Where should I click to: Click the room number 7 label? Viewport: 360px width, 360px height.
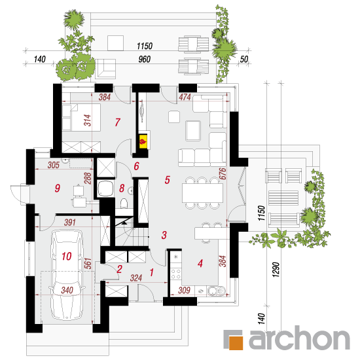pyautogui.click(x=118, y=122)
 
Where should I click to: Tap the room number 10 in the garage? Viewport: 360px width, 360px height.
pyautogui.click(x=67, y=256)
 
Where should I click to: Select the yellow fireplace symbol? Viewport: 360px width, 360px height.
pyautogui.click(x=143, y=142)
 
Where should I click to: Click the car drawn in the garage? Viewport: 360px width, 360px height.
pyautogui.click(x=67, y=275)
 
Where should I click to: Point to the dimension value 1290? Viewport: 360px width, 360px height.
pyautogui.click(x=276, y=270)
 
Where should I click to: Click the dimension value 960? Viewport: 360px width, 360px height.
pyautogui.click(x=145, y=59)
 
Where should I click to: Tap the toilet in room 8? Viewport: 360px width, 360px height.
pyautogui.click(x=124, y=204)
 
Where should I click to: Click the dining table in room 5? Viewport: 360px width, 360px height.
pyautogui.click(x=202, y=193)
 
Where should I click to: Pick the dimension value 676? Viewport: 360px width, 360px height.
pyautogui.click(x=223, y=173)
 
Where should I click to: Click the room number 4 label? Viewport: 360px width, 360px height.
pyautogui.click(x=200, y=263)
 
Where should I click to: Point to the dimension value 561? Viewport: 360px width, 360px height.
pyautogui.click(x=88, y=263)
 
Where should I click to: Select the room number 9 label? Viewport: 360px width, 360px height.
pyautogui.click(x=57, y=189)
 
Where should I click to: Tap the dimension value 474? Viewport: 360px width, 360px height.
pyautogui.click(x=185, y=97)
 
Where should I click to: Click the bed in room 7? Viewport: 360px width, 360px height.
pyautogui.click(x=81, y=117)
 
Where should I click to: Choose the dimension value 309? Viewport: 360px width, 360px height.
pyautogui.click(x=184, y=290)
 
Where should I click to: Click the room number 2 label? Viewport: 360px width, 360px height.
pyautogui.click(x=119, y=269)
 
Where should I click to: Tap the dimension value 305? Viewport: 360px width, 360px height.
pyautogui.click(x=54, y=165)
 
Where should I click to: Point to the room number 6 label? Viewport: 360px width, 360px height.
pyautogui.click(x=136, y=166)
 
